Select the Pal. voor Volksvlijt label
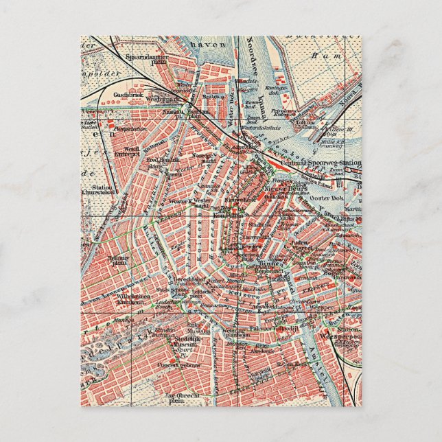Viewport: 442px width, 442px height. (271, 328)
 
